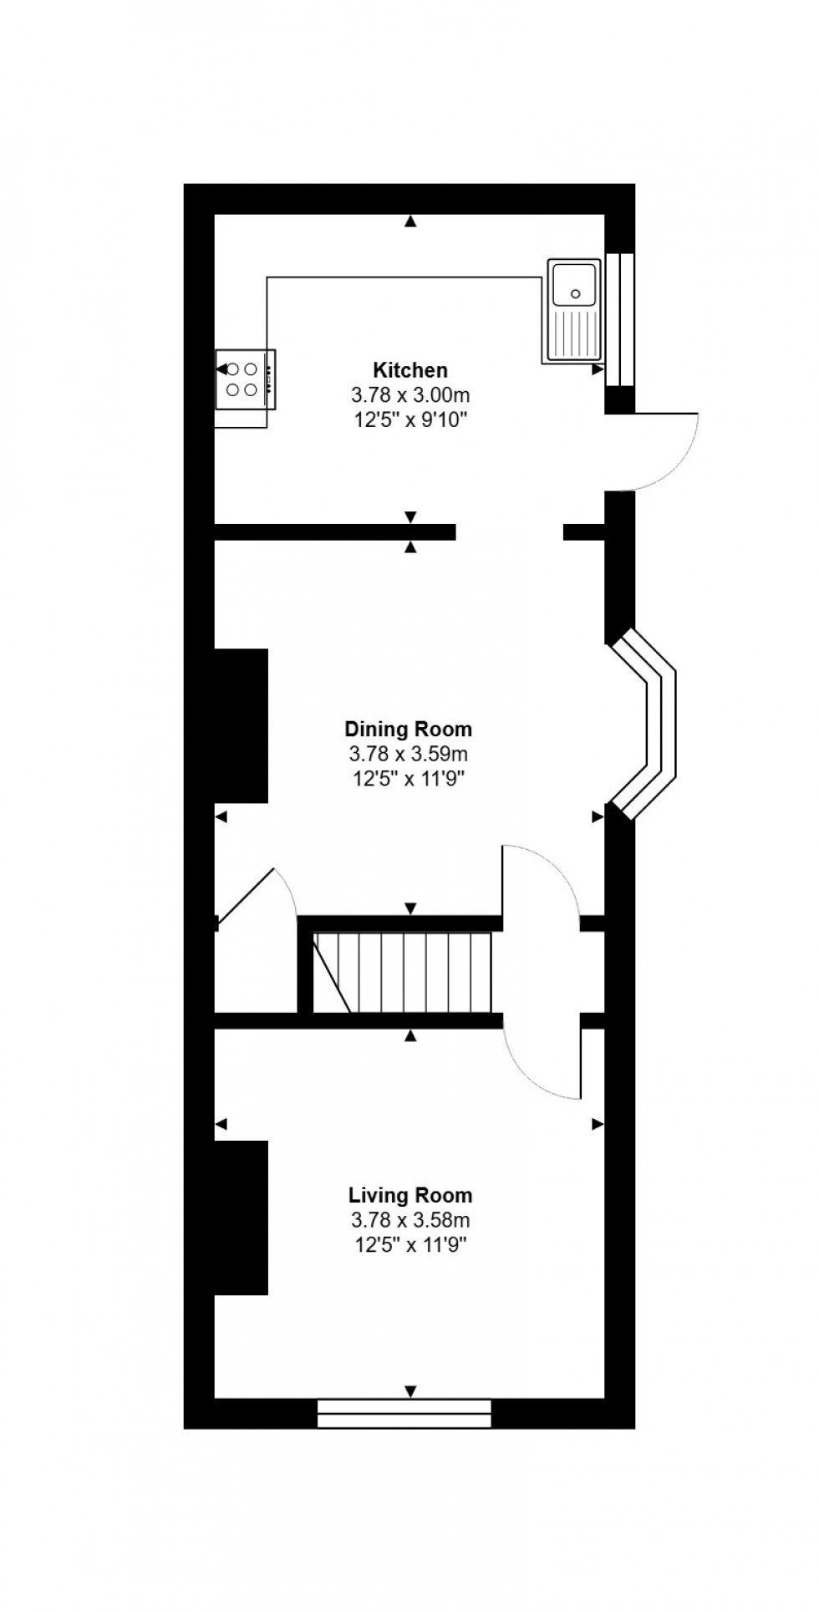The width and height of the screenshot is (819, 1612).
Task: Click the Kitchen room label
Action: [409, 369]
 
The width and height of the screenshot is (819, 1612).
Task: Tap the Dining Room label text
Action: [409, 729]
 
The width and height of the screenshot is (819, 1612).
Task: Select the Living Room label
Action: [410, 1195]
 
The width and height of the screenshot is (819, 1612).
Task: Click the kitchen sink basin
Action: [573, 286]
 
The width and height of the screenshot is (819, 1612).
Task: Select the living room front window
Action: [404, 1413]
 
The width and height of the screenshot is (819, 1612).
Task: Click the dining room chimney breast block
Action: [242, 725]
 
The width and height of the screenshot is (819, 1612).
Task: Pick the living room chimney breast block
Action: [242, 1217]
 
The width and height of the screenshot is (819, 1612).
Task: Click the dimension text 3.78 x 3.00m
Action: [409, 394]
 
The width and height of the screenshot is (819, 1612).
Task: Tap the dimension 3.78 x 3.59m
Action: [409, 754]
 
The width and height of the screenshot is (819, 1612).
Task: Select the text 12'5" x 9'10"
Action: [409, 419]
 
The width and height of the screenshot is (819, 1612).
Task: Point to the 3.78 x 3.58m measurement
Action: [410, 1220]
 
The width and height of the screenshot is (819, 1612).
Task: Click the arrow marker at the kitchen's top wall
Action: [410, 221]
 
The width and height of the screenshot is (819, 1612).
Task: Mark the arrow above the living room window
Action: [410, 1391]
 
